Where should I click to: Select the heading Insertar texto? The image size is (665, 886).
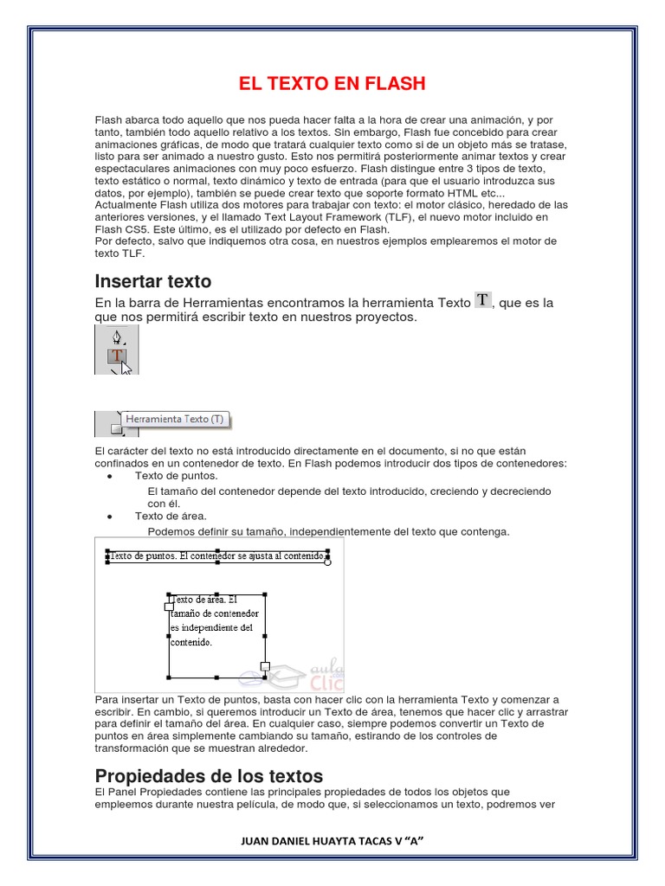click(x=153, y=281)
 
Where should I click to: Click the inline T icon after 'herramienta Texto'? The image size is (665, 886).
click(x=483, y=299)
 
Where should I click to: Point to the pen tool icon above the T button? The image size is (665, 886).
click(x=116, y=337)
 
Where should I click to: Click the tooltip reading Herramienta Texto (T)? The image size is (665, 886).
click(x=174, y=419)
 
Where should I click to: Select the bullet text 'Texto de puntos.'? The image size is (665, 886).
click(x=176, y=476)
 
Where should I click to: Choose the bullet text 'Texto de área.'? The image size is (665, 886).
click(x=171, y=517)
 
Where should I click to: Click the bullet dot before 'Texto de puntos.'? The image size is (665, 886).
click(x=108, y=477)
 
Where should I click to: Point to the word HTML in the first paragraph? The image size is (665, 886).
click(x=461, y=193)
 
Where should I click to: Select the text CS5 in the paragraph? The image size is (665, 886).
click(x=132, y=229)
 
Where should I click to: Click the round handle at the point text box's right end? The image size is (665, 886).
click(x=327, y=562)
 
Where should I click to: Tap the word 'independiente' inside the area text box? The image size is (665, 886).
click(x=205, y=627)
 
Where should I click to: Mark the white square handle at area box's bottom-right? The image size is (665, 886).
click(x=265, y=666)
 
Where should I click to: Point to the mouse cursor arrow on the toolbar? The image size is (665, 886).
click(x=126, y=367)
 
